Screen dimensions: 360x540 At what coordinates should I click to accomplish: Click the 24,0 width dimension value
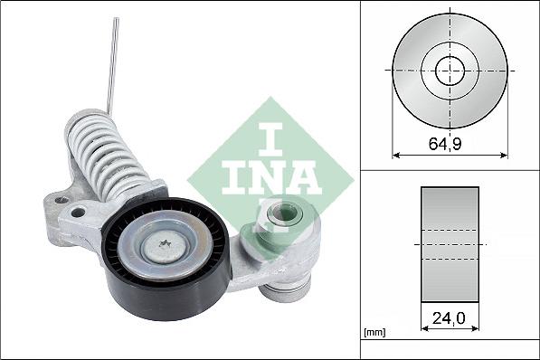(450, 318)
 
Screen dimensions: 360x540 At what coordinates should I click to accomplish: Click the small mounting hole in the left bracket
(79, 213)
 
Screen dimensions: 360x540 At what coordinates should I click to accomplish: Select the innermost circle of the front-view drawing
(450, 70)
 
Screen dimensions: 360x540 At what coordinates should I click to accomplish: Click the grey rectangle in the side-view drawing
(450, 244)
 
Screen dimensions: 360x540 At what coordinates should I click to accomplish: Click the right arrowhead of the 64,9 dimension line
(503, 154)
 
